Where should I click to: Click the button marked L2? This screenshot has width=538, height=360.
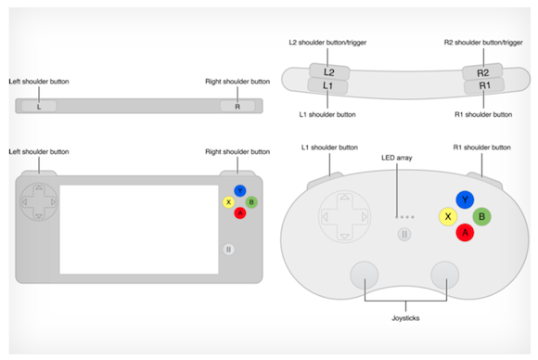point(329,71)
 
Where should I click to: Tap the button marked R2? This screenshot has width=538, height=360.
point(482,72)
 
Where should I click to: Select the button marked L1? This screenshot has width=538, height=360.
point(327,85)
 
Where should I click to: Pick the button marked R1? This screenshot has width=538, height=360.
point(484,85)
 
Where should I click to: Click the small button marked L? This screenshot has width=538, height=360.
point(39,106)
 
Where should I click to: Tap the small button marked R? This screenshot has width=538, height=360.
point(237,106)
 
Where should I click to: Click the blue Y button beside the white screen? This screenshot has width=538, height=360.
point(240,191)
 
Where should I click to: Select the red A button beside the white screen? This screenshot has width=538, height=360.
point(240,213)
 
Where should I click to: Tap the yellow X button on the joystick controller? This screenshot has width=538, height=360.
point(448,216)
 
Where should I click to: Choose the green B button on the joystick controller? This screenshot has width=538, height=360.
point(481,216)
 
